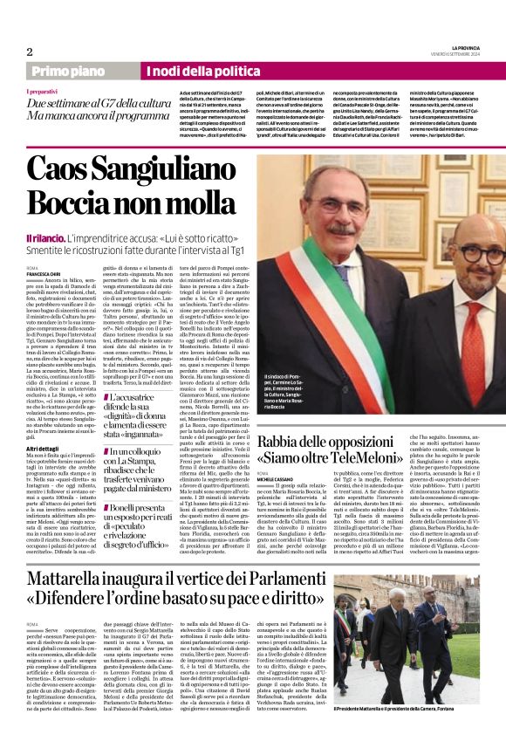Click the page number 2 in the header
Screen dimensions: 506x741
31,51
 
